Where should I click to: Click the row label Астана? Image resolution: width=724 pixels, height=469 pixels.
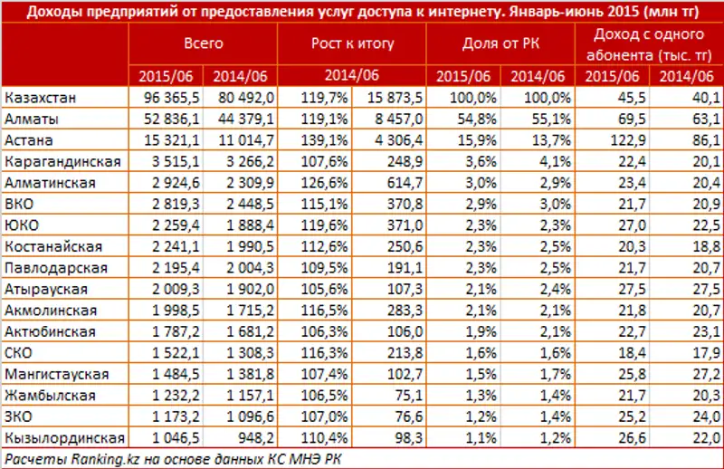point(29,140)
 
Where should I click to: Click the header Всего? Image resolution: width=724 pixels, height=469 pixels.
point(204,43)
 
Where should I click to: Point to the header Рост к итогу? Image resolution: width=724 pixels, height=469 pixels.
point(345,43)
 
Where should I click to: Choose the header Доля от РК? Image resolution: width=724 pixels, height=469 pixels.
point(499,43)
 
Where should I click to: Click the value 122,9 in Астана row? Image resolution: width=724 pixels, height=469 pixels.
point(614,140)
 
